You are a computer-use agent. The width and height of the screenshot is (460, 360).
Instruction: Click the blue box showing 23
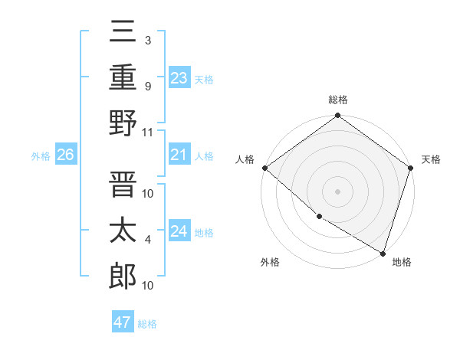coord(179,77)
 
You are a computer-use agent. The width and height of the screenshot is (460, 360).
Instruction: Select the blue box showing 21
coord(179,155)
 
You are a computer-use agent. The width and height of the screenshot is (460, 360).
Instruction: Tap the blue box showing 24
coord(179,231)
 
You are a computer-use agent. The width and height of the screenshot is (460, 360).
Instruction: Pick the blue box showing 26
coord(65,155)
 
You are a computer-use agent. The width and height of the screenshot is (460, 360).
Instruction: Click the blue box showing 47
coord(123,322)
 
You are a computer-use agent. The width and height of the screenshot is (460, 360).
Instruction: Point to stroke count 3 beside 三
coord(147,41)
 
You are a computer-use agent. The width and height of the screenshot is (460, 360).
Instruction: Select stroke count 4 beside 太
coord(147,240)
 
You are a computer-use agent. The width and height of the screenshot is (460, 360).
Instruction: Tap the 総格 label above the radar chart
coord(338,100)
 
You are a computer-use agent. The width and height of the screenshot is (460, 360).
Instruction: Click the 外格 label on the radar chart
coord(270,262)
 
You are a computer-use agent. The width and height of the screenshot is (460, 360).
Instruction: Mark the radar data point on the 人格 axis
coord(264,168)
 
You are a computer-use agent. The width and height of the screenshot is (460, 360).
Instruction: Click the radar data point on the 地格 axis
coord(382,252)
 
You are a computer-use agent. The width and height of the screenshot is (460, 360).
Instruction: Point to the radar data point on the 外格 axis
coord(318,217)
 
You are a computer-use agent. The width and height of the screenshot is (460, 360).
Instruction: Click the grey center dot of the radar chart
coord(337,191)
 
